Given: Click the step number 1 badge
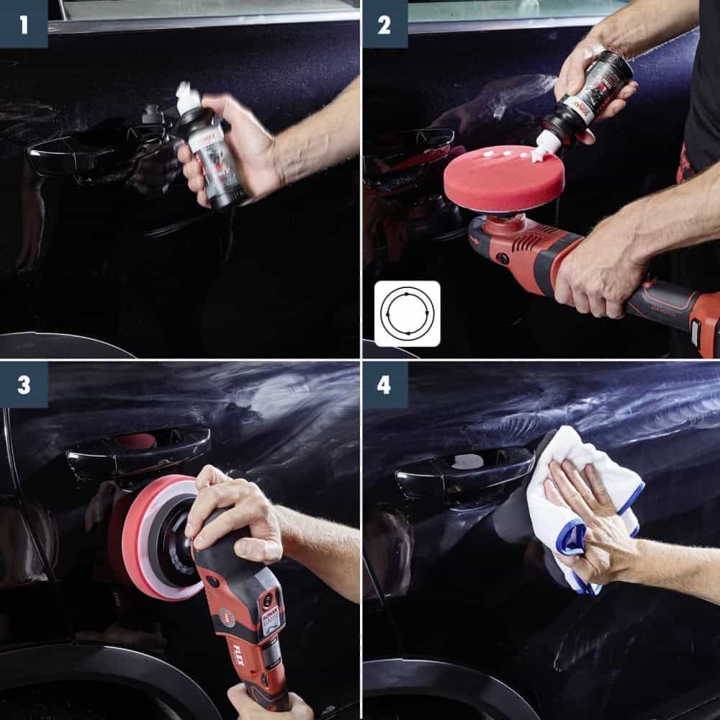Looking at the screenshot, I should (24, 24).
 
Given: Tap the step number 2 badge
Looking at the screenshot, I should (384, 24).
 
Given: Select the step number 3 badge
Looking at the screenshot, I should (24, 384).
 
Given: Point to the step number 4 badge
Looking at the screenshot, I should (384, 384).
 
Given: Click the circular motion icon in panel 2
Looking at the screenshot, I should (407, 314).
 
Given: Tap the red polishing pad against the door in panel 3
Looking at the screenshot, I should (151, 536).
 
